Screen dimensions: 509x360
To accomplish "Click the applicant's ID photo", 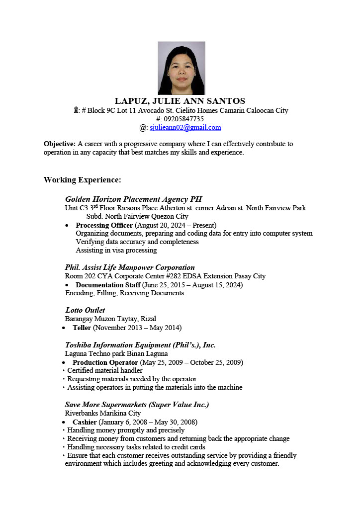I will coord(181,68).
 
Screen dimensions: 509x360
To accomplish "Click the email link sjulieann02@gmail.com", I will coord(185,128).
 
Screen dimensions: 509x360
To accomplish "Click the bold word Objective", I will coord(59,144).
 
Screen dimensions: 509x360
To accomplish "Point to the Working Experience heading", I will coord(82,179).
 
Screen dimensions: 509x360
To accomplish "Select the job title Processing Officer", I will coord(104,225).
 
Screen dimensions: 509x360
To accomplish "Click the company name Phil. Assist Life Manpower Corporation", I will coord(130,267).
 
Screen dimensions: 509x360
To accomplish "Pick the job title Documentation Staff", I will coord(107,285).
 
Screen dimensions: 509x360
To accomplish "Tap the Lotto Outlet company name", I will coord(85,310).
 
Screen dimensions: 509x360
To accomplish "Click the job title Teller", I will coord(82,328).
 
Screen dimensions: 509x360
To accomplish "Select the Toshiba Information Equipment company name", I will coord(140,345).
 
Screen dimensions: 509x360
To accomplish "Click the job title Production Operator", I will coord(105,362).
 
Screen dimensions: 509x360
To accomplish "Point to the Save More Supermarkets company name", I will coord(137,405).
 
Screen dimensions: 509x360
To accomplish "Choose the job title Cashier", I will coord(85,422).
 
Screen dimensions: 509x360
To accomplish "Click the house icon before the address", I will coord(76,110).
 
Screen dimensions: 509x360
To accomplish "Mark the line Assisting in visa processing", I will coord(116,250).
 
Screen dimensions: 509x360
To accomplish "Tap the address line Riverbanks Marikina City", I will coord(103,413).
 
